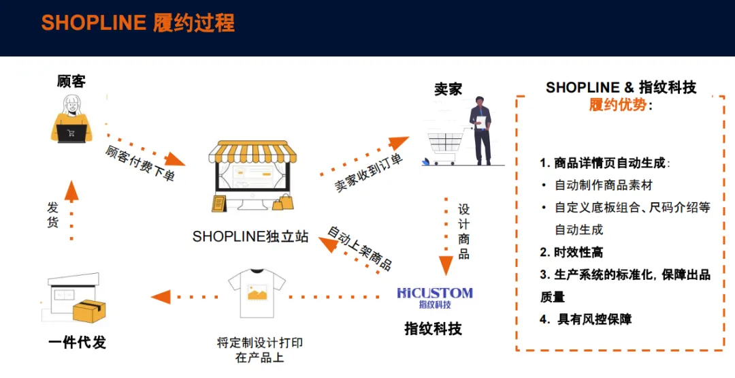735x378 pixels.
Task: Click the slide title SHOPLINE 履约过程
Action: coord(137,23)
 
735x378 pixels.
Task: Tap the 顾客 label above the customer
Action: coord(71,82)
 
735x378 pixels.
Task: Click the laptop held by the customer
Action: coord(71,133)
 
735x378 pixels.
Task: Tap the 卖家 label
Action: coord(448,89)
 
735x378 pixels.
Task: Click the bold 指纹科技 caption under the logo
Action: coord(433,329)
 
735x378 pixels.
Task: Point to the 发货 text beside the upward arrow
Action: coord(53,215)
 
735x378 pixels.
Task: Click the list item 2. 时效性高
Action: coord(571,252)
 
